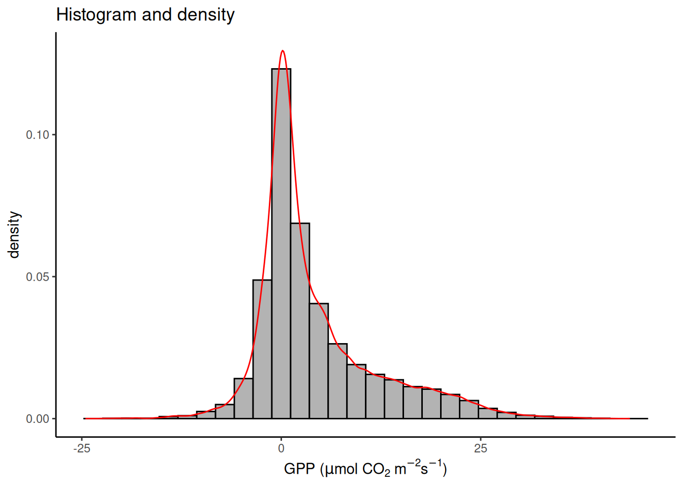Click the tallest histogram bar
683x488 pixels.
281,244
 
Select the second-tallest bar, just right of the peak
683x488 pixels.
300,320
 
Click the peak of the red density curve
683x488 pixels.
283,51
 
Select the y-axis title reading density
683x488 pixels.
14,235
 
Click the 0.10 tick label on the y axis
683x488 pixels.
38,135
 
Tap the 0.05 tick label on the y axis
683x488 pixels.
38,277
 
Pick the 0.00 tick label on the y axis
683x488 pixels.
38,419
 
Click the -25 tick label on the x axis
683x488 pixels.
82,448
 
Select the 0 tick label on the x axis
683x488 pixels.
281,448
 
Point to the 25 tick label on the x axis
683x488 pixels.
480,448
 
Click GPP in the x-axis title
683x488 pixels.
299,469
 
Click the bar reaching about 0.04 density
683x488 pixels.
319,361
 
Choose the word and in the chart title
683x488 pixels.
157,15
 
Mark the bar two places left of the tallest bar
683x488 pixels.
243,399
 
